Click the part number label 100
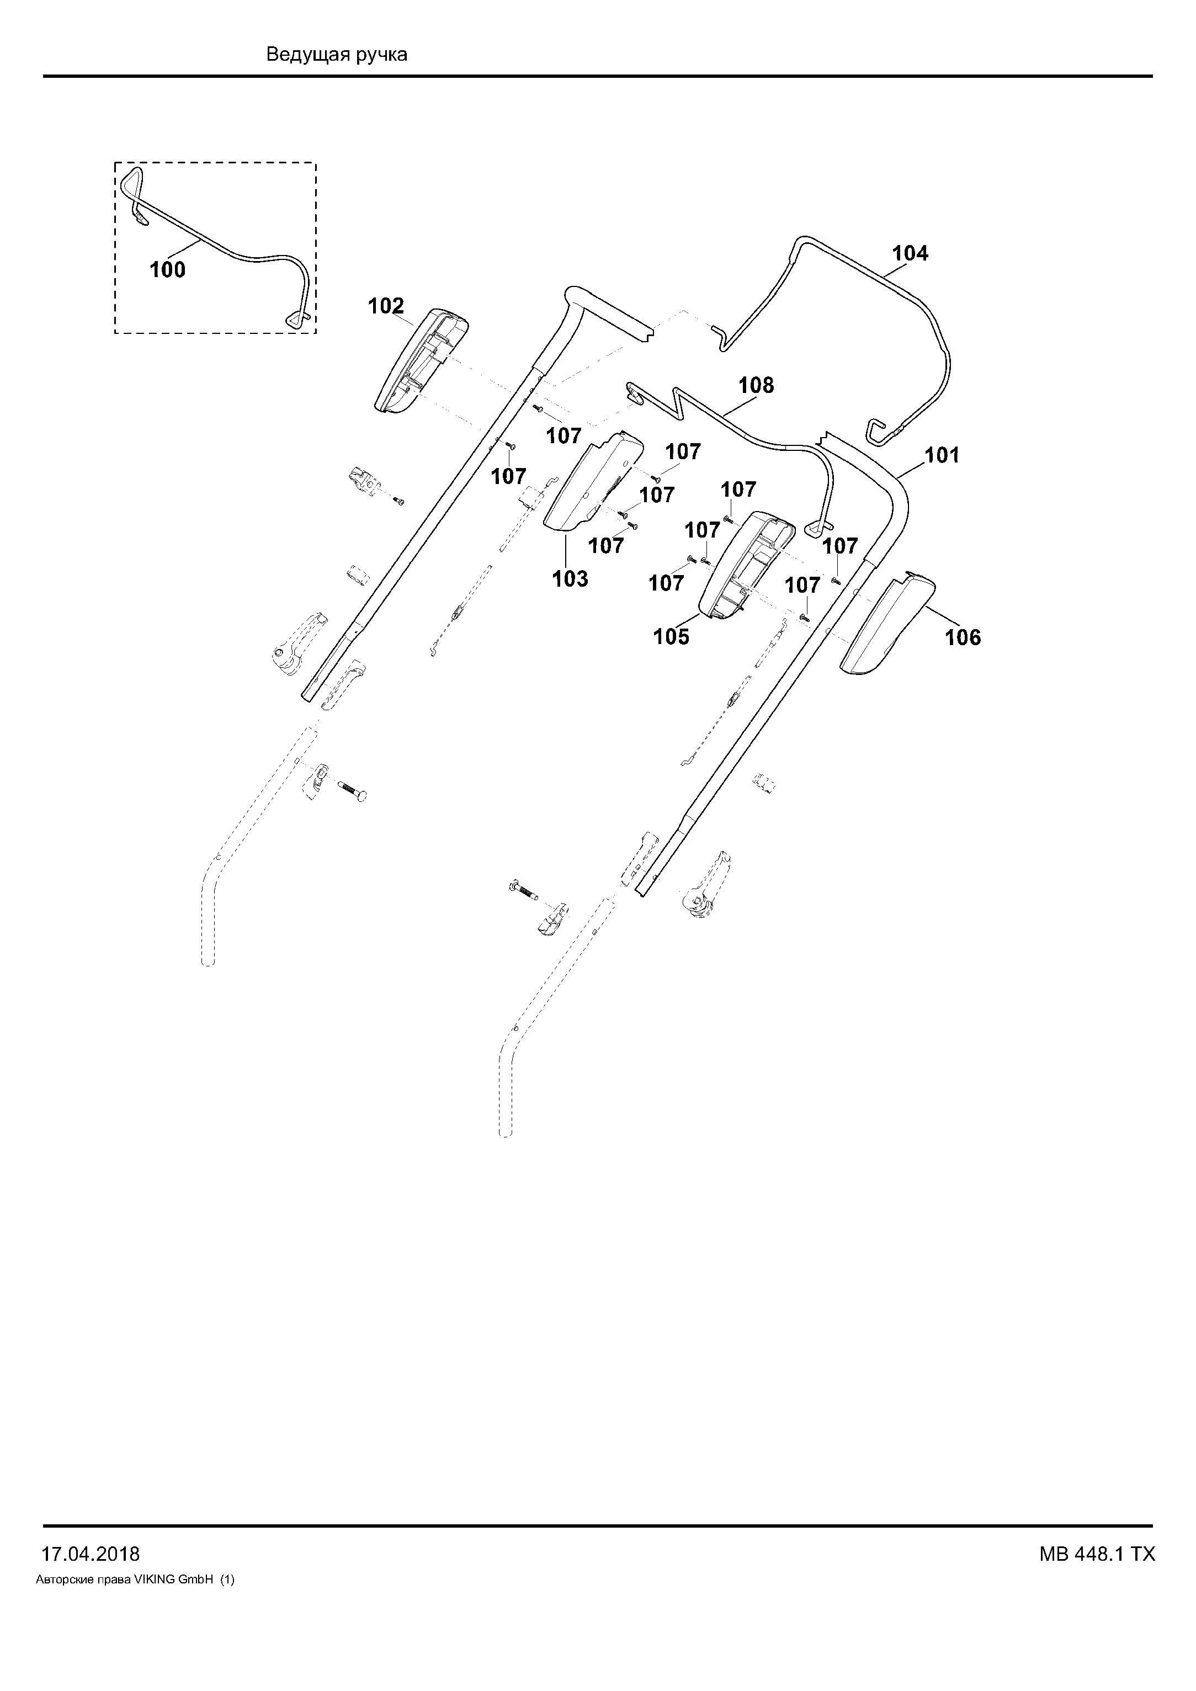[x=168, y=270]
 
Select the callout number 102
[x=386, y=306]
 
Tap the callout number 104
[x=910, y=253]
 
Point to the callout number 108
[x=756, y=385]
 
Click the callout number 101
[x=943, y=455]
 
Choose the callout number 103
[x=571, y=579]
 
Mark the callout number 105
[x=672, y=636]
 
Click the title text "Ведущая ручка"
[x=337, y=55]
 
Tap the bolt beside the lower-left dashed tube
[x=352, y=790]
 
